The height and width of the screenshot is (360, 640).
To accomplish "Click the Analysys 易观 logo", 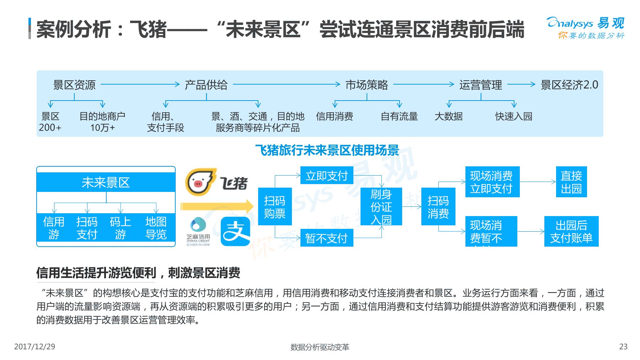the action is [585, 27].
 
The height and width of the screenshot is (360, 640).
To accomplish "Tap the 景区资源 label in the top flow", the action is [74, 85].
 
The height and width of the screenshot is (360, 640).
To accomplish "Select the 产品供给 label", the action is [206, 85].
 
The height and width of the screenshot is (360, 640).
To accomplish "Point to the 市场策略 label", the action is [367, 85].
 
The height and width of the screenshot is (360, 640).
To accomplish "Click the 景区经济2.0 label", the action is [569, 85].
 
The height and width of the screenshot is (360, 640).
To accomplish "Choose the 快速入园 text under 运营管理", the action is [513, 116].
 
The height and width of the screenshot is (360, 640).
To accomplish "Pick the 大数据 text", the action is [449, 116].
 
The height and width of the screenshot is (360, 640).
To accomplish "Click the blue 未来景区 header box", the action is [106, 182].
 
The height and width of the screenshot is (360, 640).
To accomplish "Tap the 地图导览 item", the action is [156, 228].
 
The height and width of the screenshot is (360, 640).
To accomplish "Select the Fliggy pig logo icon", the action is [200, 182].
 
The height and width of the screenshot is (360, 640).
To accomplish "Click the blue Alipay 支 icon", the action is [235, 232].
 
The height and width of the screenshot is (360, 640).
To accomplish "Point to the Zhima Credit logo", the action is [198, 231].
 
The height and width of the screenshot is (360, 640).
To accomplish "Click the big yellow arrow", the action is [216, 206].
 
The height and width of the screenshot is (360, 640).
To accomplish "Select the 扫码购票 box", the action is [274, 206].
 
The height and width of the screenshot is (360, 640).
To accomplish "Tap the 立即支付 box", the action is [326, 176].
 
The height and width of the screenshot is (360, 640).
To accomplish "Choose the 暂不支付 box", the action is [326, 238].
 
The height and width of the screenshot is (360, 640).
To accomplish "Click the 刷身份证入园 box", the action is [381, 206].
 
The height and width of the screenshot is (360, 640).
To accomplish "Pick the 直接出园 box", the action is [571, 182].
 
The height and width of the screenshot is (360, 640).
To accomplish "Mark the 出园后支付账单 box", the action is [571, 231].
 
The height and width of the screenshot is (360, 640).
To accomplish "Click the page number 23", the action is [623, 346].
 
